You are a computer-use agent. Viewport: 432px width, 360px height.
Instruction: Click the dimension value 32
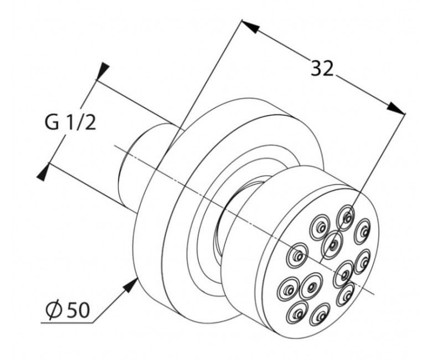coord(322,68)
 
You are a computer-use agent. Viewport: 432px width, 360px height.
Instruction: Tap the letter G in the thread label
coord(52,122)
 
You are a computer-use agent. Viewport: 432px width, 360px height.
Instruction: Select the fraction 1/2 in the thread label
coord(80,122)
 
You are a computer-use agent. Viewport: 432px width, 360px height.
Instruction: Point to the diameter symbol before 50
coord(53,310)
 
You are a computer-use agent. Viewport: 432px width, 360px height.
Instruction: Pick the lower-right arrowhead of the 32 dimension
coord(396,107)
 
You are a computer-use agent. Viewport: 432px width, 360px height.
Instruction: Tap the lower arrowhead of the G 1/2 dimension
coord(43,172)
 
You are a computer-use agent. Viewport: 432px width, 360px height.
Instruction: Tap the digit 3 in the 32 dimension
coord(316,68)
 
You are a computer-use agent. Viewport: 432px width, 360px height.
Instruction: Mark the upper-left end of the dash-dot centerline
coord(115,146)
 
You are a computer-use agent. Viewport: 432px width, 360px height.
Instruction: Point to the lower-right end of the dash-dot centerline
coord(374,294)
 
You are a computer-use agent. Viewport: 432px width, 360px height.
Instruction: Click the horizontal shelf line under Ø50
coord(67,322)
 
